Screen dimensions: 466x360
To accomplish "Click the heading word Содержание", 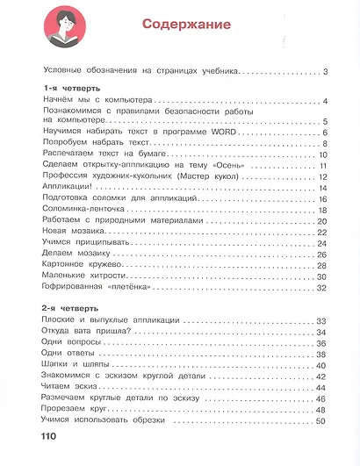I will point(187,25).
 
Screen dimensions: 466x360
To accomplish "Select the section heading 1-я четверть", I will point(71,90).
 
